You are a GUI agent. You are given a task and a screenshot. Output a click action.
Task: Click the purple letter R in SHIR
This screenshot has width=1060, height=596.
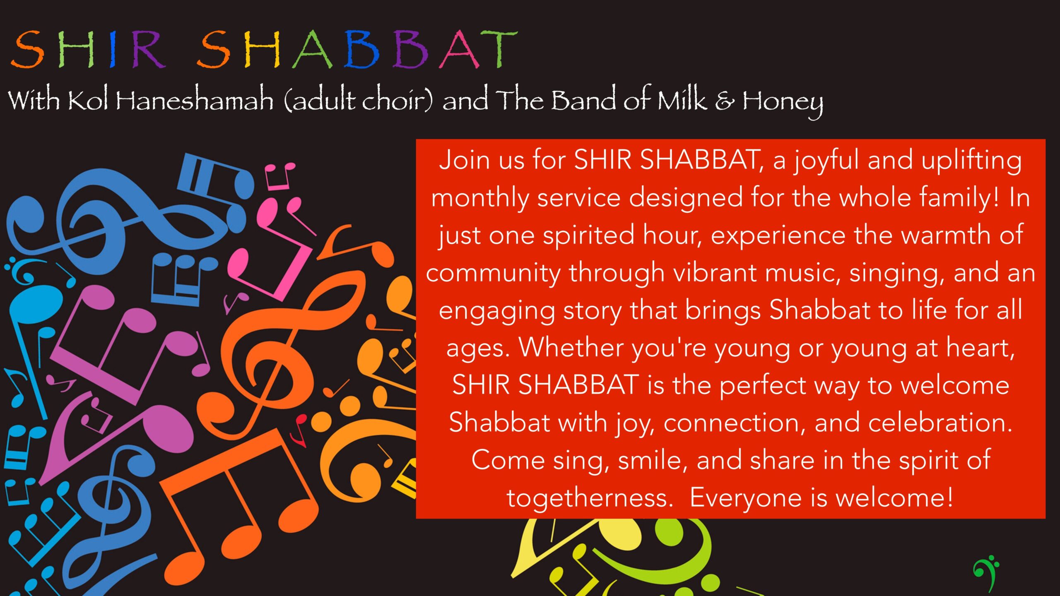pos(148,50)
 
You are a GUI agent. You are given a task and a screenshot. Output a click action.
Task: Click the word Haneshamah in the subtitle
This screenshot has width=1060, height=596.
pos(194,101)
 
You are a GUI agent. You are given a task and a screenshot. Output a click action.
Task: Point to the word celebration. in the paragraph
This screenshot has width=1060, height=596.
pos(940,423)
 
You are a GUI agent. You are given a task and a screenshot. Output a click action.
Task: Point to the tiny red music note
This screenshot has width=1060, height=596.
pos(299,430)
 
